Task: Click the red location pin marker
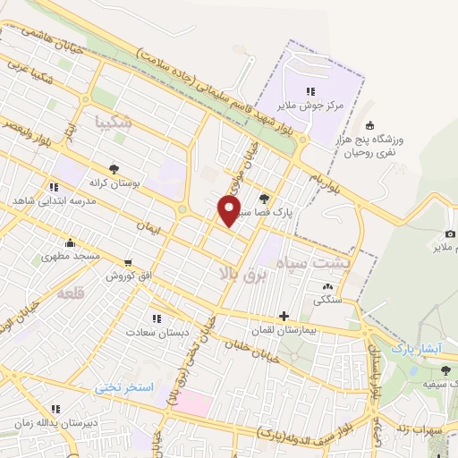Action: (x=230, y=211)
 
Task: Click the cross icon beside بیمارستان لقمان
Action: (x=284, y=316)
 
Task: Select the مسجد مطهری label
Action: (x=70, y=256)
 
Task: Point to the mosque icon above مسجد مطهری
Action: (x=70, y=242)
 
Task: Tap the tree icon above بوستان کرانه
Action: (x=114, y=168)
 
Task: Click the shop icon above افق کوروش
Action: (x=129, y=263)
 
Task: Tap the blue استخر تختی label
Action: (x=126, y=387)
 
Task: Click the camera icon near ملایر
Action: (x=449, y=233)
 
